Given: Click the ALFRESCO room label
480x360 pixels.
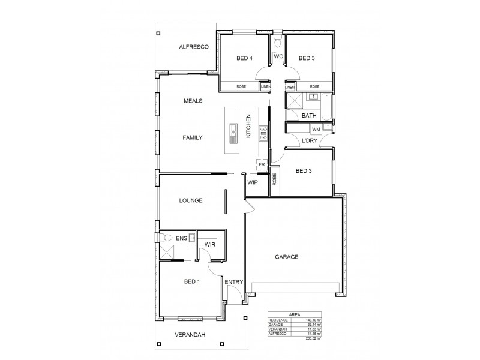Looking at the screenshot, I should [x=193, y=47].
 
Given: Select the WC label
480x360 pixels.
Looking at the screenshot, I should [x=278, y=56].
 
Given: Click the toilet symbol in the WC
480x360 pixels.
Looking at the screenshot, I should [x=277, y=43].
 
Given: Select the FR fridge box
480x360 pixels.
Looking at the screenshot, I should [x=262, y=164].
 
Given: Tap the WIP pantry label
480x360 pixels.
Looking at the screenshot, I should [x=252, y=182].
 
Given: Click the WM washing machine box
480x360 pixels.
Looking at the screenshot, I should [x=316, y=129].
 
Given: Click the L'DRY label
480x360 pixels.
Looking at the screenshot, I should [x=309, y=140].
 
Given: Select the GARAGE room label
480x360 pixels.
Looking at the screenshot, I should [x=287, y=257].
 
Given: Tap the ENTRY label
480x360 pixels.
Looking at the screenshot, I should [x=233, y=282].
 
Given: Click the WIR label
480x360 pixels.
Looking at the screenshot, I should [x=209, y=245].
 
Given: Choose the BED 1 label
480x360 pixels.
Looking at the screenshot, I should [x=191, y=280].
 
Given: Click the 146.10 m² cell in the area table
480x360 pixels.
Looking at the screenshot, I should [x=311, y=321].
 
